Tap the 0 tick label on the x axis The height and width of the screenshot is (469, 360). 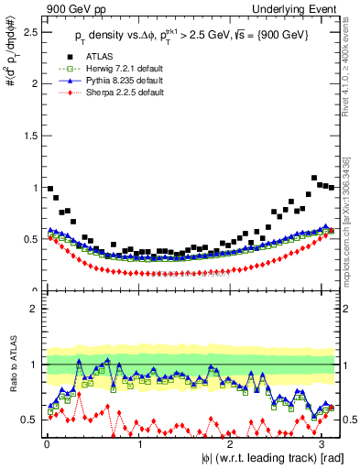pyautogui.click(x=47, y=443)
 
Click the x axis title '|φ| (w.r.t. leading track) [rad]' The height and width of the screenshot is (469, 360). pyautogui.click(x=265, y=457)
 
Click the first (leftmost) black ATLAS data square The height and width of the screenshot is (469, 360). pyautogui.click(x=49, y=189)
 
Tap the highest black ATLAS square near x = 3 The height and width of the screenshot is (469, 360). pyautogui.click(x=314, y=178)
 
